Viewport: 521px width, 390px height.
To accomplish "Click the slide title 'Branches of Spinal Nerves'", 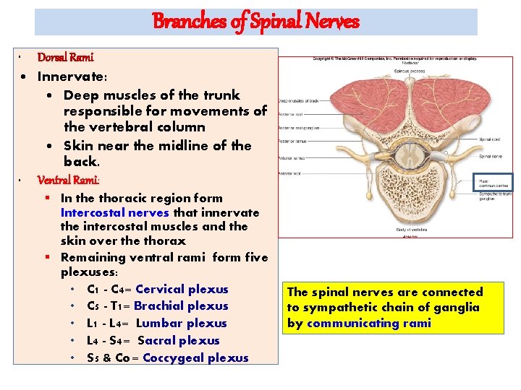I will [255, 22].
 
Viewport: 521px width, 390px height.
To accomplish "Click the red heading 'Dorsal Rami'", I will [65, 57].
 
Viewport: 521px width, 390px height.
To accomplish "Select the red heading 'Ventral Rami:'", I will [69, 180].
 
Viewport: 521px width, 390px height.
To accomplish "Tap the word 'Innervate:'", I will [72, 76].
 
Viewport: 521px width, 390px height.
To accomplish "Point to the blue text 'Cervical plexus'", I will [182, 289].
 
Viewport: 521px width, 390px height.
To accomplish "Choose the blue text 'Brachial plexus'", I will [181, 305].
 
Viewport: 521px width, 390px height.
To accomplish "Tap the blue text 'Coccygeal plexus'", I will [195, 357].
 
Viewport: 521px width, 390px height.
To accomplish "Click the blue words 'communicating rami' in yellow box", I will [368, 323].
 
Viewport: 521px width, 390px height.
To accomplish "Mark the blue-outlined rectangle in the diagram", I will [493, 182].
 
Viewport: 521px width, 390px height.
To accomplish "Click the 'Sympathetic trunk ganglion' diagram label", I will [494, 196].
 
